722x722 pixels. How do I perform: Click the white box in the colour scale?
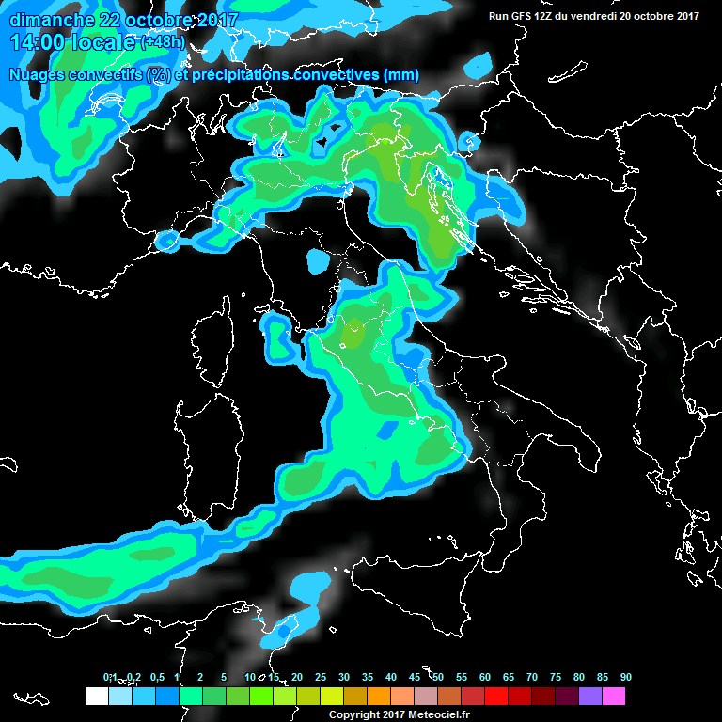[x=96, y=696]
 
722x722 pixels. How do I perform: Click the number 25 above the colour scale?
[x=321, y=677]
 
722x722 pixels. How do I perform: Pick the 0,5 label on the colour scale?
[x=157, y=677]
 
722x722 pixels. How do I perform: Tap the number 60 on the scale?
[x=485, y=677]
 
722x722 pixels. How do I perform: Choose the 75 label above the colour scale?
[x=556, y=677]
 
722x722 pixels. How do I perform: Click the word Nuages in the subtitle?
[x=35, y=74]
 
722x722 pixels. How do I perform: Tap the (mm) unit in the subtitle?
[x=400, y=74]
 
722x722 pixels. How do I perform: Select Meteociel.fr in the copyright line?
[x=442, y=714]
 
